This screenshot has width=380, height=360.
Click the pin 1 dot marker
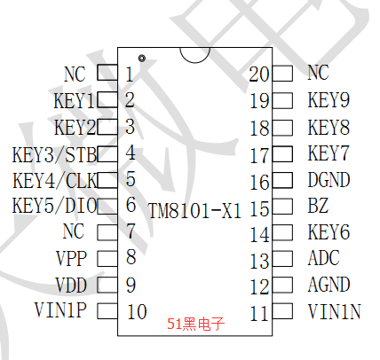pos(142,59)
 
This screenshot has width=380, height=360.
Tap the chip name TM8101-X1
pos(194,211)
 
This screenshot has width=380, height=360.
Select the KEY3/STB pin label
pos(54,154)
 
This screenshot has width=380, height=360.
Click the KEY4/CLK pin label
pos(55,180)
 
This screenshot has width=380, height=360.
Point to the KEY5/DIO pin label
pos(55,206)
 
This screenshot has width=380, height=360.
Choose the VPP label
pos(71,258)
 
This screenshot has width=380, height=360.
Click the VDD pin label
pos(71,285)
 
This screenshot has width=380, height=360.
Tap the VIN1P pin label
pos(60,310)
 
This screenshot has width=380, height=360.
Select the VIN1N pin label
pos(335,311)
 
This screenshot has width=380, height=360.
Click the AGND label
pos(329,285)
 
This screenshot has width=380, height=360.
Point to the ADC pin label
pos(323,258)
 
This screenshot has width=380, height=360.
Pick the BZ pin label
pos(318,206)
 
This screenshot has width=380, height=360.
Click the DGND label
pos(329,180)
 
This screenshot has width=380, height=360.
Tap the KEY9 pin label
pos(329,100)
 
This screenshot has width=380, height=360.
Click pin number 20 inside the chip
pos(259,74)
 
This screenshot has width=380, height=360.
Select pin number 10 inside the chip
pos(137,311)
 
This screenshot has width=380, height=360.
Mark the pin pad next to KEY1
pos(107,99)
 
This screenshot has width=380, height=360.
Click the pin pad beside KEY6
pos(282,232)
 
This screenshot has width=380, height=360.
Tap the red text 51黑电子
pos(195,324)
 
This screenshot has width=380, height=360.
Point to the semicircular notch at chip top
pos(195,62)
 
